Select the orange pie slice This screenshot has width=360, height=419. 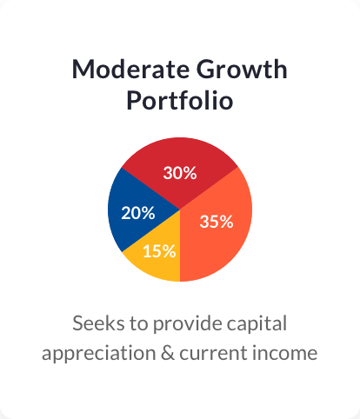(x=216, y=232)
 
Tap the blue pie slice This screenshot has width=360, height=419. (x=137, y=209)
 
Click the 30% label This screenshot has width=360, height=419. (x=180, y=173)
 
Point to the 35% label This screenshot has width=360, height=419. (x=217, y=222)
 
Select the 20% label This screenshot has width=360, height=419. (x=138, y=213)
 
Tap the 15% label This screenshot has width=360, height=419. (x=159, y=251)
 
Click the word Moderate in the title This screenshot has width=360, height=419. (x=130, y=70)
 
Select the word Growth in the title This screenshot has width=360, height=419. (x=242, y=70)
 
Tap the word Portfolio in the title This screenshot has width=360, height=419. (x=180, y=100)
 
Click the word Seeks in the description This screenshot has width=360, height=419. (x=98, y=323)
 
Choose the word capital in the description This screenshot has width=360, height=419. (x=257, y=324)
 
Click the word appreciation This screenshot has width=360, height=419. (x=99, y=354)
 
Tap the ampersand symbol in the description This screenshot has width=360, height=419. (x=168, y=353)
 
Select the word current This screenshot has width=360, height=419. (x=213, y=354)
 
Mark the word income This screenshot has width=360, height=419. (x=284, y=353)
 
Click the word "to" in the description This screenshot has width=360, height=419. (x=139, y=324)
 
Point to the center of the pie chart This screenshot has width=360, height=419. (x=180, y=209)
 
